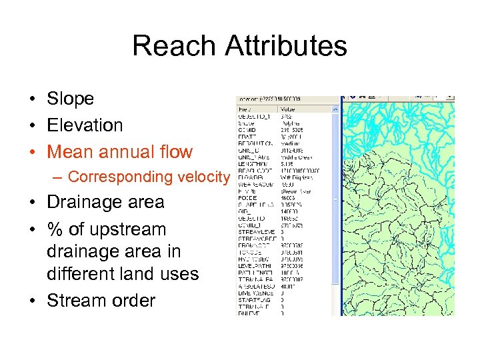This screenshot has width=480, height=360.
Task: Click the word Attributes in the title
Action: point(286,46)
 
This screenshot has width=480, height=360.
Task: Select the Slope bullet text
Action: point(70,99)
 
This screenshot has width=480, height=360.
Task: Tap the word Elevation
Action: point(85,125)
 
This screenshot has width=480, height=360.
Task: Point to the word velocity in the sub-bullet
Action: point(203,177)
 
